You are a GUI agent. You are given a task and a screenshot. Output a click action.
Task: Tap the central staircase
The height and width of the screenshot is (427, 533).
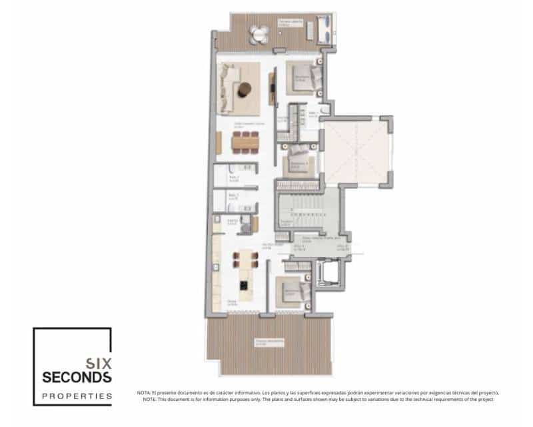coord(308,206)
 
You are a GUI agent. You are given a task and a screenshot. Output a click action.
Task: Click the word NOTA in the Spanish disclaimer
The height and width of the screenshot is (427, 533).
coord(143,393)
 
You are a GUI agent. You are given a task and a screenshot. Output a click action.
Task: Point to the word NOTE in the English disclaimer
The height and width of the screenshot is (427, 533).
coord(149,399)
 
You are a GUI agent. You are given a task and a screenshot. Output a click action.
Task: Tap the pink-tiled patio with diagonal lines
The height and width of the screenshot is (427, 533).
coord(354,151)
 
